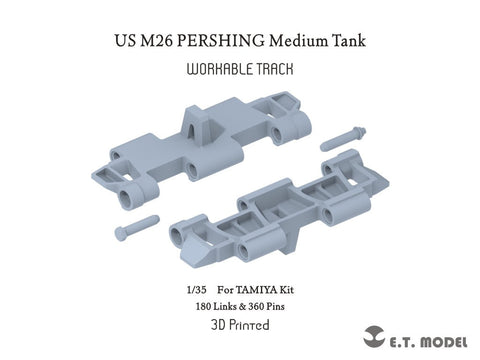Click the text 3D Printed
[240, 325]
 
